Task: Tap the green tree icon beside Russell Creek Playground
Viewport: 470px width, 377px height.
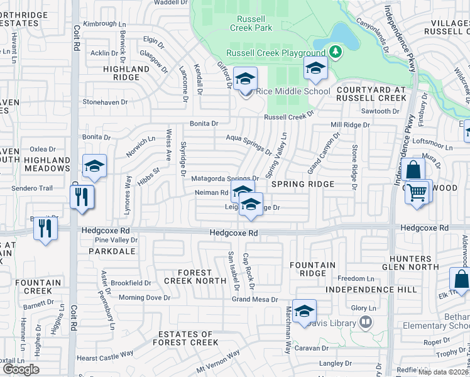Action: click(x=336, y=52)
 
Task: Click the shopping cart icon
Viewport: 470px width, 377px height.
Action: click(x=418, y=191)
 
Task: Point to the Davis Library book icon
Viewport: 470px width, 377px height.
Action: click(x=366, y=323)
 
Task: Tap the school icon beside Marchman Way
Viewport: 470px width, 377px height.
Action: click(x=304, y=312)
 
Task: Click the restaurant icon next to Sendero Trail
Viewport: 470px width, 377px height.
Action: click(x=82, y=197)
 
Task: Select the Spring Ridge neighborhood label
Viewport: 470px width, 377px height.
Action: click(x=303, y=184)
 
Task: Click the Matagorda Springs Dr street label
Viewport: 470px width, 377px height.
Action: click(x=225, y=179)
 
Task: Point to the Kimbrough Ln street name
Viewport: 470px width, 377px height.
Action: click(x=104, y=24)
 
